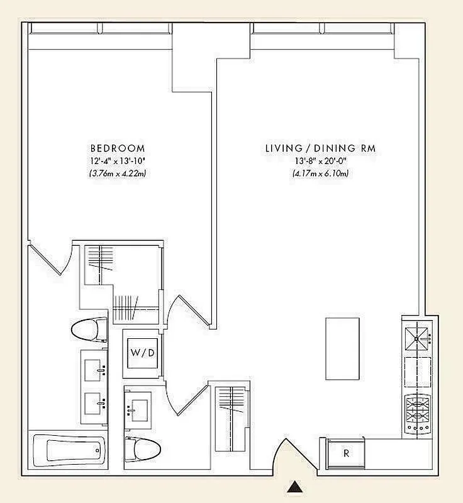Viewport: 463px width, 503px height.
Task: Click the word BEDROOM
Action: (x=118, y=149)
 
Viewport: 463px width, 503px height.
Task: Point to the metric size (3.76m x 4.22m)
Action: (x=118, y=174)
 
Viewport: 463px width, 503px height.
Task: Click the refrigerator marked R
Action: (x=345, y=453)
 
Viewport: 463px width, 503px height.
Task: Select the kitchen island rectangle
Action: (x=342, y=348)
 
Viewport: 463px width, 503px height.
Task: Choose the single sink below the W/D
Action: (x=138, y=407)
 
